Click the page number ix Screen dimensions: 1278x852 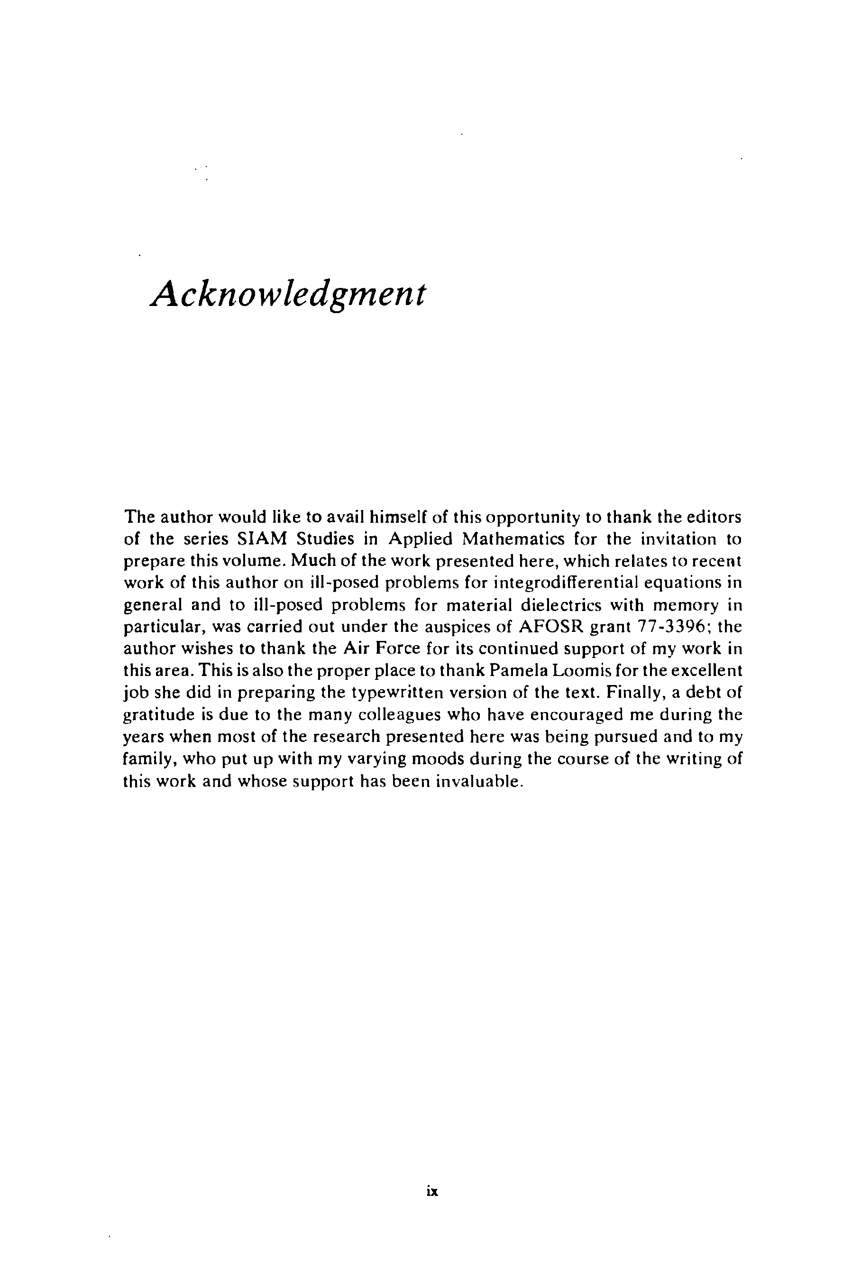point(432,1192)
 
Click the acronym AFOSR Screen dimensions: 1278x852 point(550,627)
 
